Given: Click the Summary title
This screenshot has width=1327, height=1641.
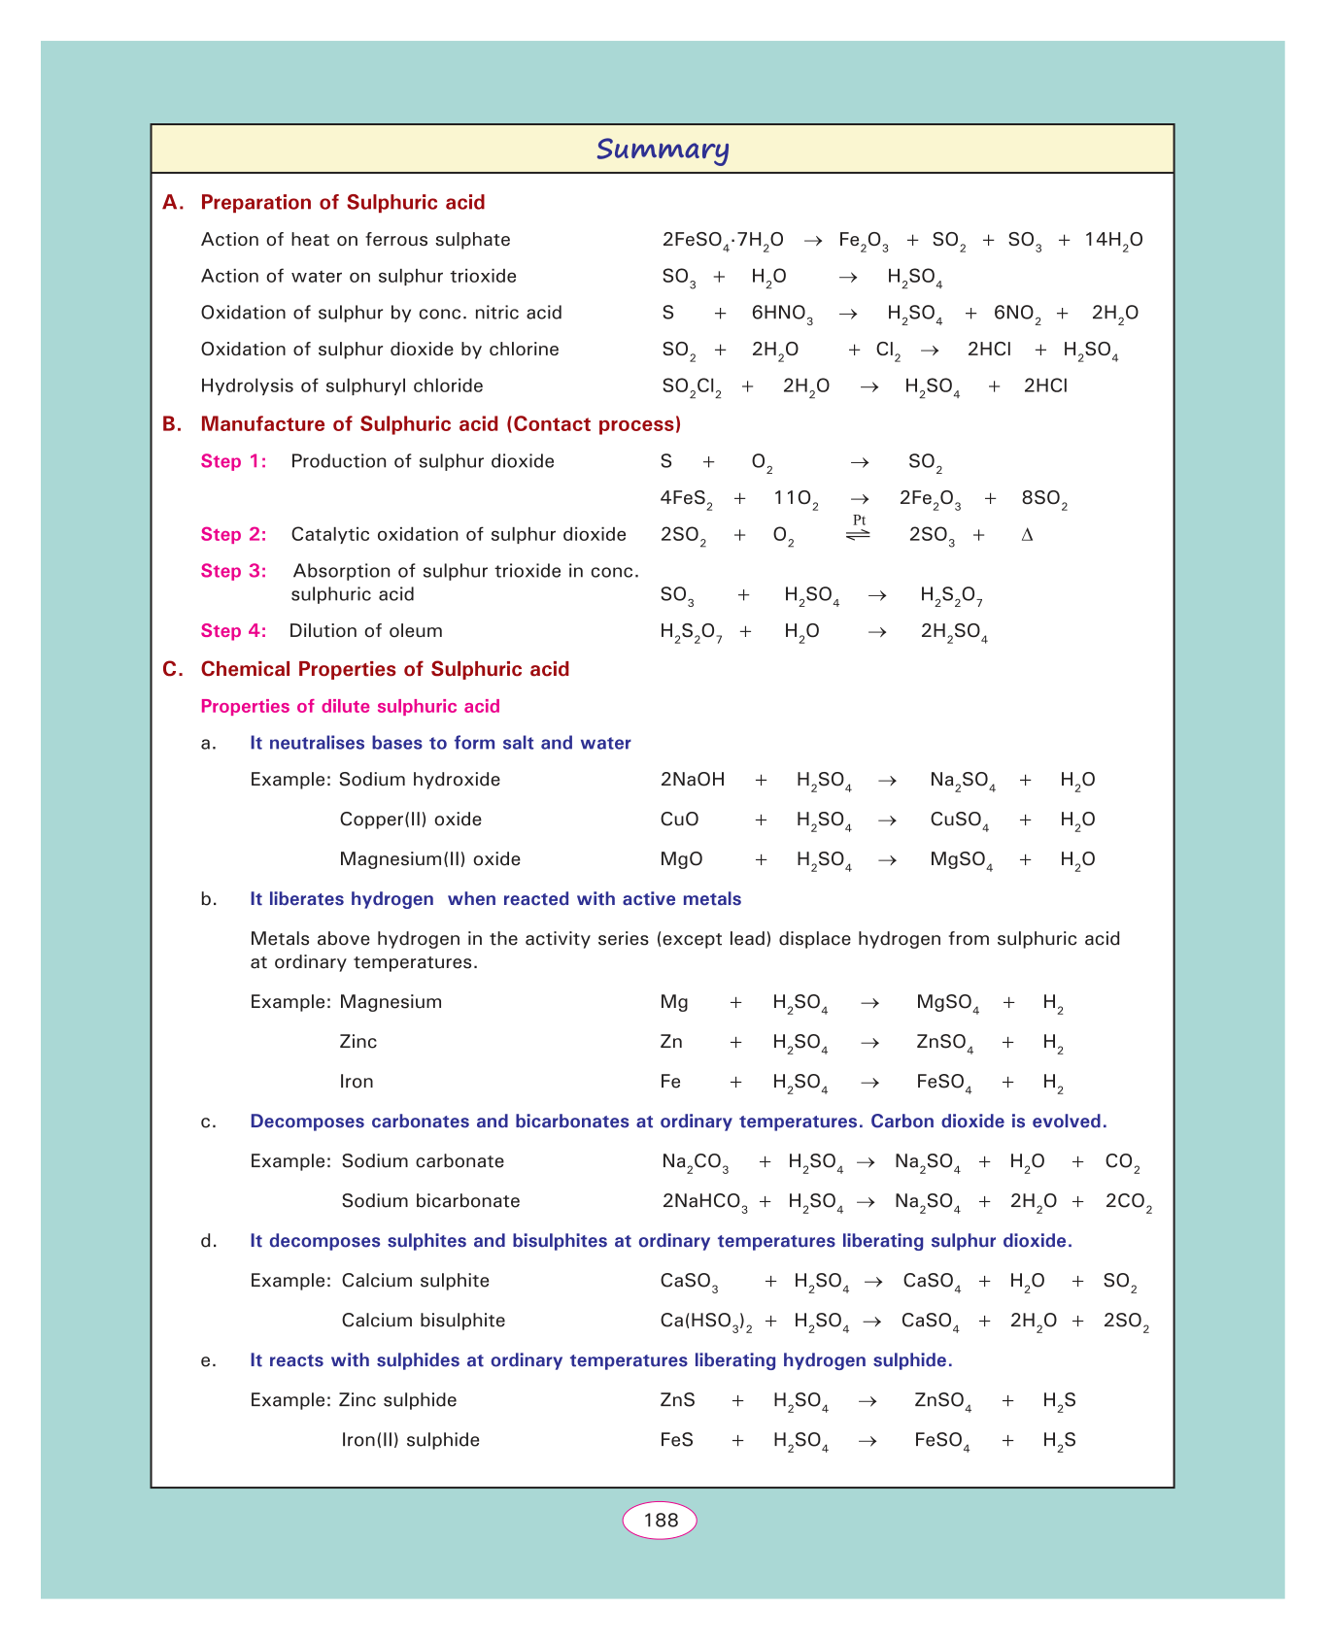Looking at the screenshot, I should point(663,150).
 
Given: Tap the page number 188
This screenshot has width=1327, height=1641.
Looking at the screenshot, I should point(661,1521).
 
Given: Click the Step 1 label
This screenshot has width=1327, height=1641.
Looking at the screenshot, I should point(233,461).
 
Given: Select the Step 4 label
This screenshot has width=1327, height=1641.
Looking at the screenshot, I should point(233,631).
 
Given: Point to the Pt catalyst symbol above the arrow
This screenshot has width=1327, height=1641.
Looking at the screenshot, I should point(859,520).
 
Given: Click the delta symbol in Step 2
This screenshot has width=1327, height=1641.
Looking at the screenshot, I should point(1027,535).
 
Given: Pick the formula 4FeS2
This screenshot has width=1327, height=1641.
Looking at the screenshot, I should point(686,499).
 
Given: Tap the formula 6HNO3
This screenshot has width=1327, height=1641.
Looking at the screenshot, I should point(781,314).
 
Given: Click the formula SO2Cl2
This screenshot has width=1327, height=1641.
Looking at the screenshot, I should point(691,386).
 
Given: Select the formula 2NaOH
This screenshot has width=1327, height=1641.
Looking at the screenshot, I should point(692,780).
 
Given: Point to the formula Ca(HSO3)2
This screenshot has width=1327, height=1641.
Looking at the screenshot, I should point(706,1322).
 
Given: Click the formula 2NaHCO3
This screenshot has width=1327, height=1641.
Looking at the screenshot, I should point(704,1202).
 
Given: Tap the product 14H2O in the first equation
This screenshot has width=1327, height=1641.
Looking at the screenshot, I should point(1113,241).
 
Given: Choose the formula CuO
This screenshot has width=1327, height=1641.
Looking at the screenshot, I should point(679,820).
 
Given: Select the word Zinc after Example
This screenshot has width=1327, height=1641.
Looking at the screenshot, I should point(358,1042).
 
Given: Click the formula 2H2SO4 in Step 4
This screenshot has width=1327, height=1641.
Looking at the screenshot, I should point(953,632).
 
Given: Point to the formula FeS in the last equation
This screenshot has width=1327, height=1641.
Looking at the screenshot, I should point(676,1440).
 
